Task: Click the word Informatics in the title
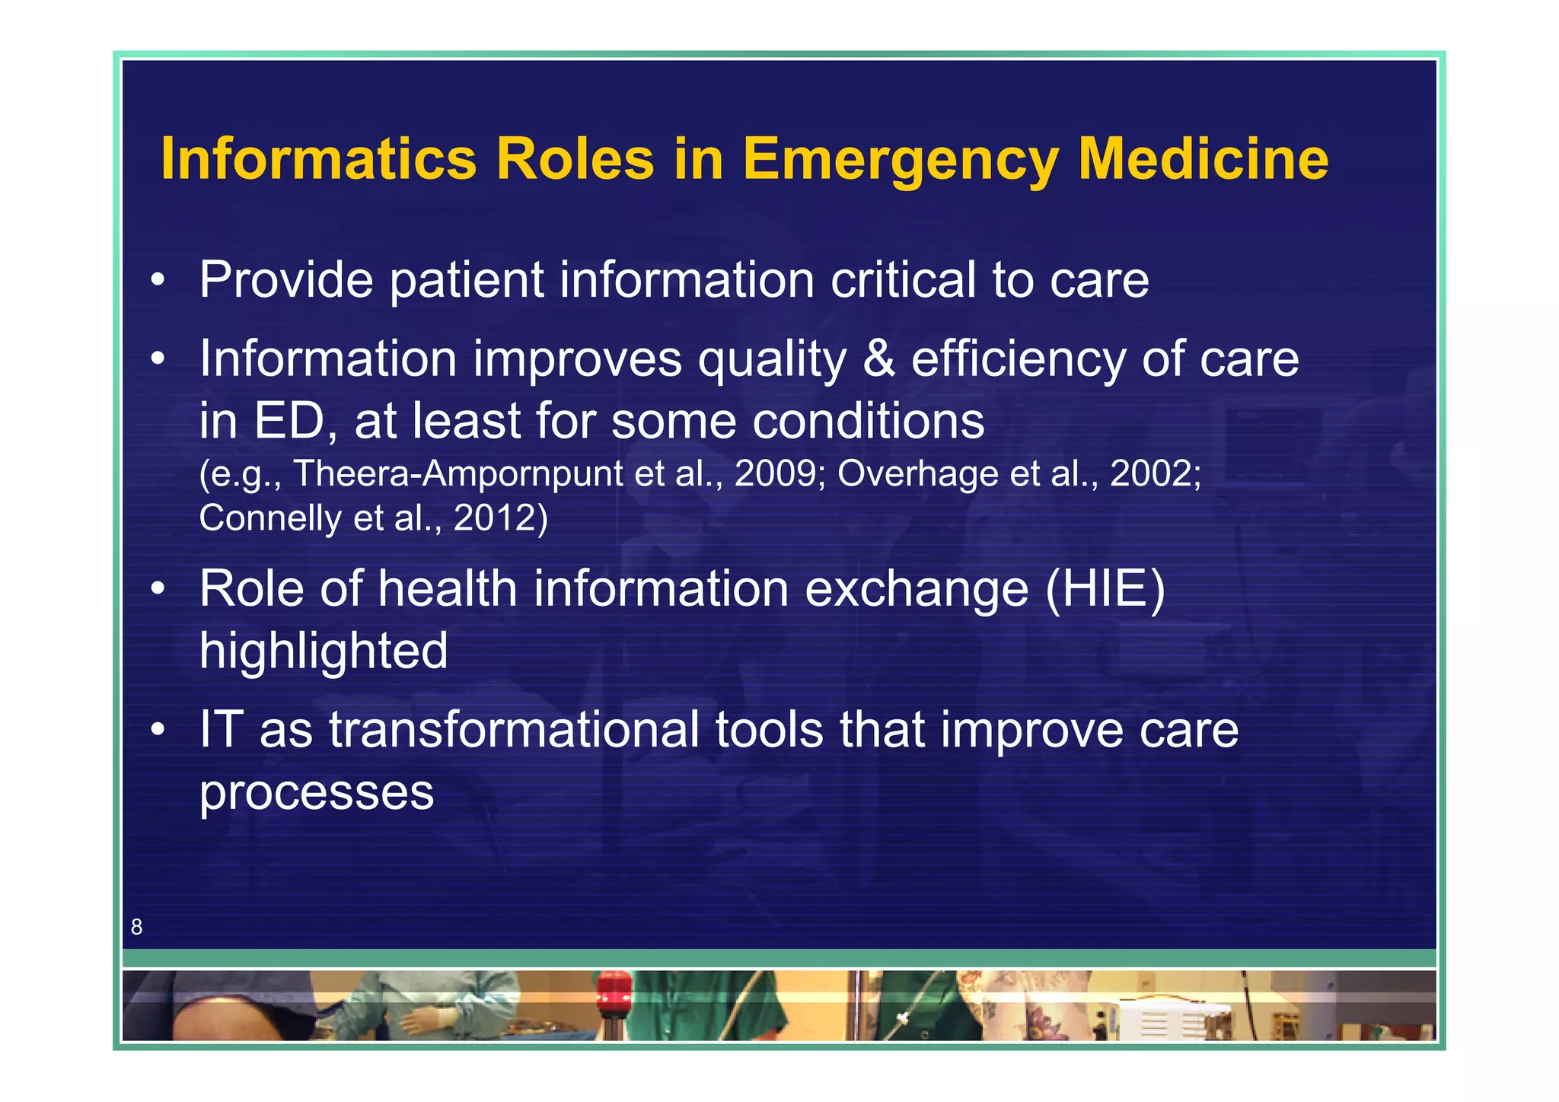(318, 159)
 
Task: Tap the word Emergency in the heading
(901, 161)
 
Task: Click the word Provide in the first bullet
(286, 280)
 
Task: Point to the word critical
(903, 280)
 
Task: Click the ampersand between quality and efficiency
(879, 358)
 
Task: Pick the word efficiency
(1019, 360)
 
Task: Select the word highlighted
(324, 652)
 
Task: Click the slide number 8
(136, 927)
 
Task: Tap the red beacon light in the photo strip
(614, 992)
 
